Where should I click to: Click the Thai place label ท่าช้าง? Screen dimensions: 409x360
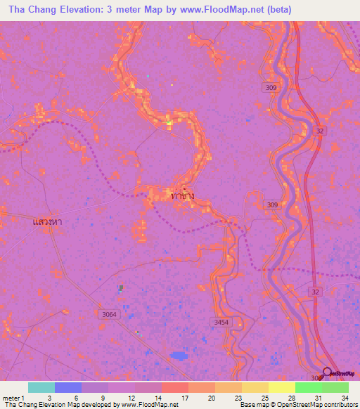click(183, 197)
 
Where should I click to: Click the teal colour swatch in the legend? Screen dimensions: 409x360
click(41, 387)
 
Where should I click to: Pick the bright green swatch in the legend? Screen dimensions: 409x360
click(308, 387)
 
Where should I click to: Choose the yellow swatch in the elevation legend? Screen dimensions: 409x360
click(281, 387)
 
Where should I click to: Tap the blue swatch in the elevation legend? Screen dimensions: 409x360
click(67, 387)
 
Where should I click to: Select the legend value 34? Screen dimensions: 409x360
click(345, 398)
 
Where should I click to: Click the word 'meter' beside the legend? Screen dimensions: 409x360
click(11, 398)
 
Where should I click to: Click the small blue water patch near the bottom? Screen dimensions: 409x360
click(179, 356)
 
